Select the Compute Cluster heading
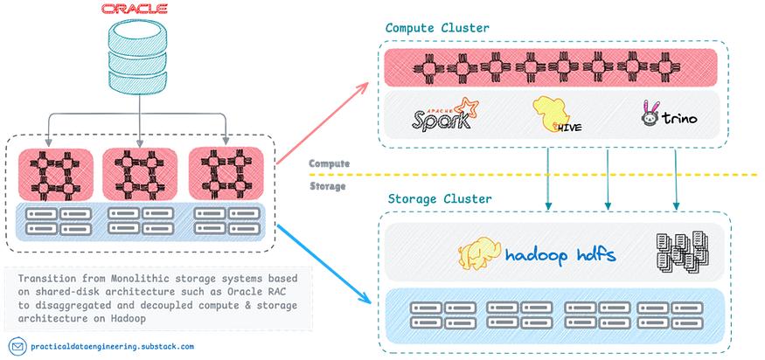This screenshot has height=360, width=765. click(x=437, y=28)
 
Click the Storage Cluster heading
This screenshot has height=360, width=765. click(x=439, y=199)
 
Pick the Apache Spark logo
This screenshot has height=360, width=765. click(x=442, y=117)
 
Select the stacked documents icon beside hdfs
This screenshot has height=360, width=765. click(x=674, y=253)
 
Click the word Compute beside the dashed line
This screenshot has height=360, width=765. click(x=330, y=163)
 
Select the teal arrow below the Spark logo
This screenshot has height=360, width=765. click(x=548, y=178)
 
